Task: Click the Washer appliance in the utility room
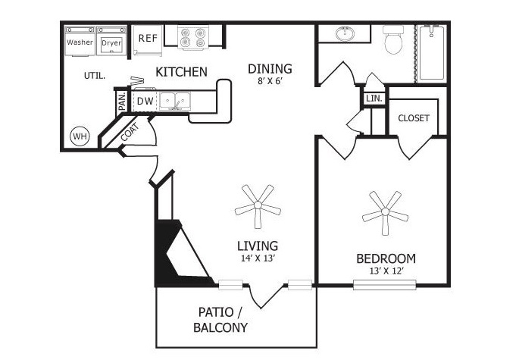tap(80, 41)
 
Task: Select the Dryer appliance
tap(111, 41)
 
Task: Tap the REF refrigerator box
tap(148, 39)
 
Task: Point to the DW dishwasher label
tap(145, 101)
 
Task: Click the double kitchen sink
tap(175, 100)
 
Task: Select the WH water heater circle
tap(80, 136)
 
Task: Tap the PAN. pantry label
tap(122, 101)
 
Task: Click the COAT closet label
tap(130, 132)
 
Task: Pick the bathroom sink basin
tap(345, 33)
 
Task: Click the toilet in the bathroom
tap(393, 40)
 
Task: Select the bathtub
tap(432, 53)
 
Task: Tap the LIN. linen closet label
tap(374, 99)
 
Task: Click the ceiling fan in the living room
tap(258, 205)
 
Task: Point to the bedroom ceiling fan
tap(385, 212)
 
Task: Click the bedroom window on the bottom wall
tap(385, 285)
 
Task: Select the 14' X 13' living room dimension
tap(258, 258)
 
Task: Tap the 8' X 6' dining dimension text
tap(270, 81)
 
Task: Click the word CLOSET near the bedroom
tap(414, 118)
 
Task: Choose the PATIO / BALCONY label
tap(220, 320)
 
